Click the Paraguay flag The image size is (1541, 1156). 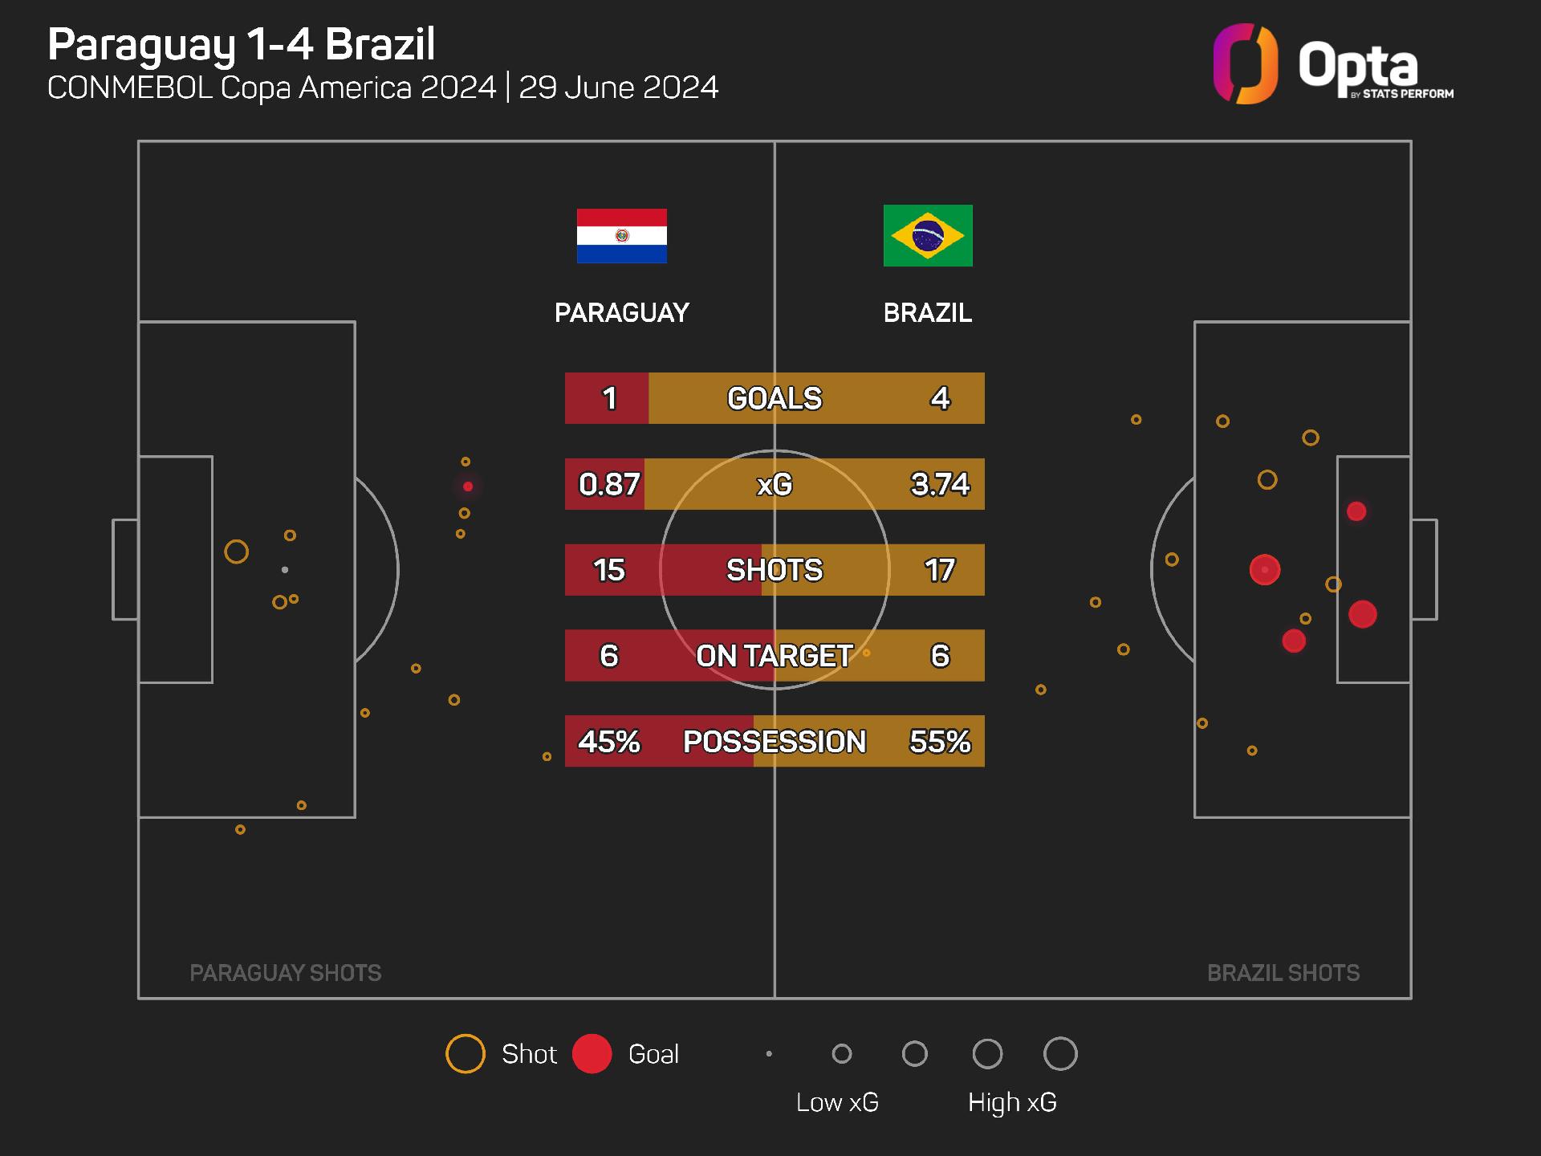pyautogui.click(x=621, y=236)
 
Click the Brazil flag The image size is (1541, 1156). pyautogui.click(x=928, y=235)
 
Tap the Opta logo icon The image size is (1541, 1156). pyautogui.click(x=1245, y=64)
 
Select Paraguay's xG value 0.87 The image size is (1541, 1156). pyautogui.click(x=609, y=484)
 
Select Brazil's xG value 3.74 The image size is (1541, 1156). pyautogui.click(x=940, y=484)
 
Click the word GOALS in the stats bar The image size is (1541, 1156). pyautogui.click(x=775, y=398)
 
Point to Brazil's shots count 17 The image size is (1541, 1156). pyautogui.click(x=940, y=570)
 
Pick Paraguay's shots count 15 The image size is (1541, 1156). pyautogui.click(x=609, y=570)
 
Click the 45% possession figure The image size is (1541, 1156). pyautogui.click(x=609, y=741)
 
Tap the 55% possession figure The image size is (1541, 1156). pyautogui.click(x=940, y=741)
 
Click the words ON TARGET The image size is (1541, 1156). pyautogui.click(x=775, y=656)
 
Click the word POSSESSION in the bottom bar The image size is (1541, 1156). pyautogui.click(x=775, y=741)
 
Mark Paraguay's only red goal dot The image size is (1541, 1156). pyautogui.click(x=468, y=486)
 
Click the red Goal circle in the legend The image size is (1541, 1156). pyautogui.click(x=592, y=1054)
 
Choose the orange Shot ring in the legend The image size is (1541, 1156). pyautogui.click(x=466, y=1054)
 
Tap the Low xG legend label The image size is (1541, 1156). pyautogui.click(x=837, y=1102)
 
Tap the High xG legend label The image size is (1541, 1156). pyautogui.click(x=1012, y=1102)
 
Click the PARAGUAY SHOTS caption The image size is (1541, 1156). pyautogui.click(x=286, y=973)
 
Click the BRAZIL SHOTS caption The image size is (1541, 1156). pyautogui.click(x=1283, y=973)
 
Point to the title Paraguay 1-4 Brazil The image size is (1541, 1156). pyautogui.click(x=242, y=44)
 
